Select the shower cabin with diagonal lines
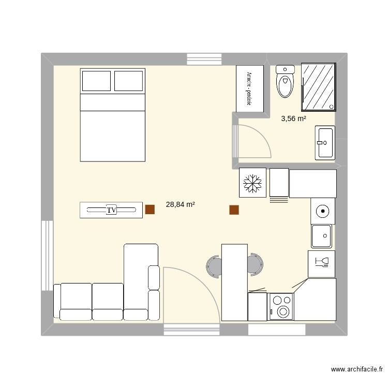319,86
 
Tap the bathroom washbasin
325,142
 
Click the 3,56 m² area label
293,118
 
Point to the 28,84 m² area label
180,205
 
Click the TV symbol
111,210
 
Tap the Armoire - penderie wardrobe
250,88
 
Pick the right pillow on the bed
128,81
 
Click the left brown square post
150,210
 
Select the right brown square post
234,210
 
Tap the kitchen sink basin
322,236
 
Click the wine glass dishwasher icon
321,263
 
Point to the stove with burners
281,306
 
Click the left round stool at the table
214,266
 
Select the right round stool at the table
254,265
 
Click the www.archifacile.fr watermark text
356,370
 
